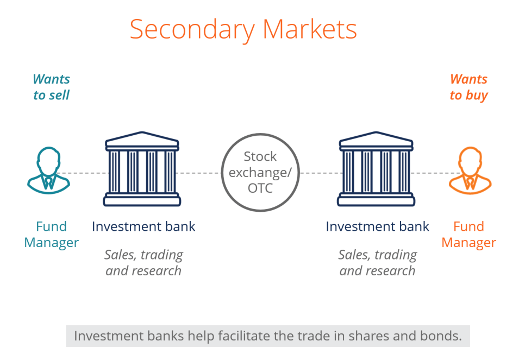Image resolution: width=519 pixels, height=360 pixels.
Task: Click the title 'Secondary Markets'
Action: point(243,29)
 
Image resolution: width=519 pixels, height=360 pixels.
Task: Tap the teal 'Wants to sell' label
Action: point(51,87)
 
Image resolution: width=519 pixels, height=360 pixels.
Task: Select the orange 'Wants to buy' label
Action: point(468,87)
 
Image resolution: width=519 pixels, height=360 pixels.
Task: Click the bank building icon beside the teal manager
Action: point(142,169)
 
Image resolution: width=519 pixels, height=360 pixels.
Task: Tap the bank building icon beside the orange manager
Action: point(376,169)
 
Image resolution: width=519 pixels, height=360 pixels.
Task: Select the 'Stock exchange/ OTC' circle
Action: point(260,172)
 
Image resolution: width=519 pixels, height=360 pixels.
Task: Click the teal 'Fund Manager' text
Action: point(51,234)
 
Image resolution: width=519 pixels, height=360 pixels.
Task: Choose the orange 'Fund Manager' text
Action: point(468,234)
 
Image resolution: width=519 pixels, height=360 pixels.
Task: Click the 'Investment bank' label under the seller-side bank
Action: point(143,226)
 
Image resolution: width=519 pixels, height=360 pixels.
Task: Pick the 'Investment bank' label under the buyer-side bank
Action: point(377,226)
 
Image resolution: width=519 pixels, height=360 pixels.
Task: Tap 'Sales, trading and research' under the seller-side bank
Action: point(143,262)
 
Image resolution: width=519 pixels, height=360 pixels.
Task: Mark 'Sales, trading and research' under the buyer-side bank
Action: point(377,262)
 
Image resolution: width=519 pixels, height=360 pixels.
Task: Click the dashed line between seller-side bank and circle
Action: point(201,173)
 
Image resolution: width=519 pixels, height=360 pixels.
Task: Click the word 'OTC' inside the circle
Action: point(260,188)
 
